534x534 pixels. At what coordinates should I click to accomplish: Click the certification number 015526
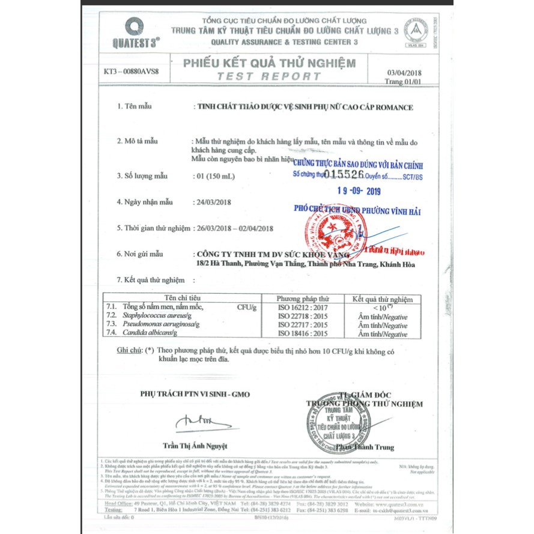[344, 174]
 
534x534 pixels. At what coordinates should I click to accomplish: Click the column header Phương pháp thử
[303, 299]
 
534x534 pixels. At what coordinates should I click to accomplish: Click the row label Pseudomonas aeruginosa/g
[160, 324]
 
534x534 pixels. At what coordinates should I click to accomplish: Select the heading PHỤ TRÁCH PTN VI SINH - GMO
[195, 394]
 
